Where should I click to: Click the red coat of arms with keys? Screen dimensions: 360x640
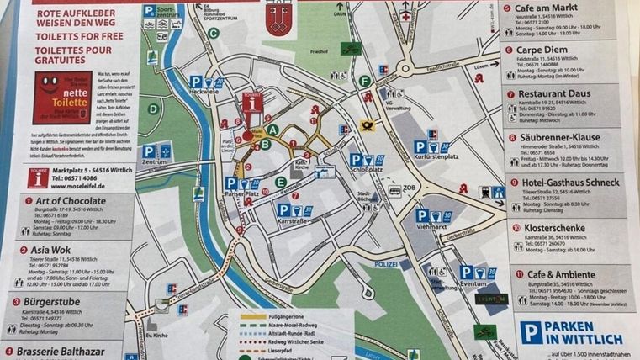pyautogui.click(x=276, y=23)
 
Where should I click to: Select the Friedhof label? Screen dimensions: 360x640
pyautogui.click(x=320, y=52)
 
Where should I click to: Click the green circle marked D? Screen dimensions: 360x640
pyautogui.click(x=153, y=108)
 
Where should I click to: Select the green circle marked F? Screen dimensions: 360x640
pyautogui.click(x=364, y=82)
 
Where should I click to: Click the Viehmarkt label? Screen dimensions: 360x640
pyautogui.click(x=434, y=226)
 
